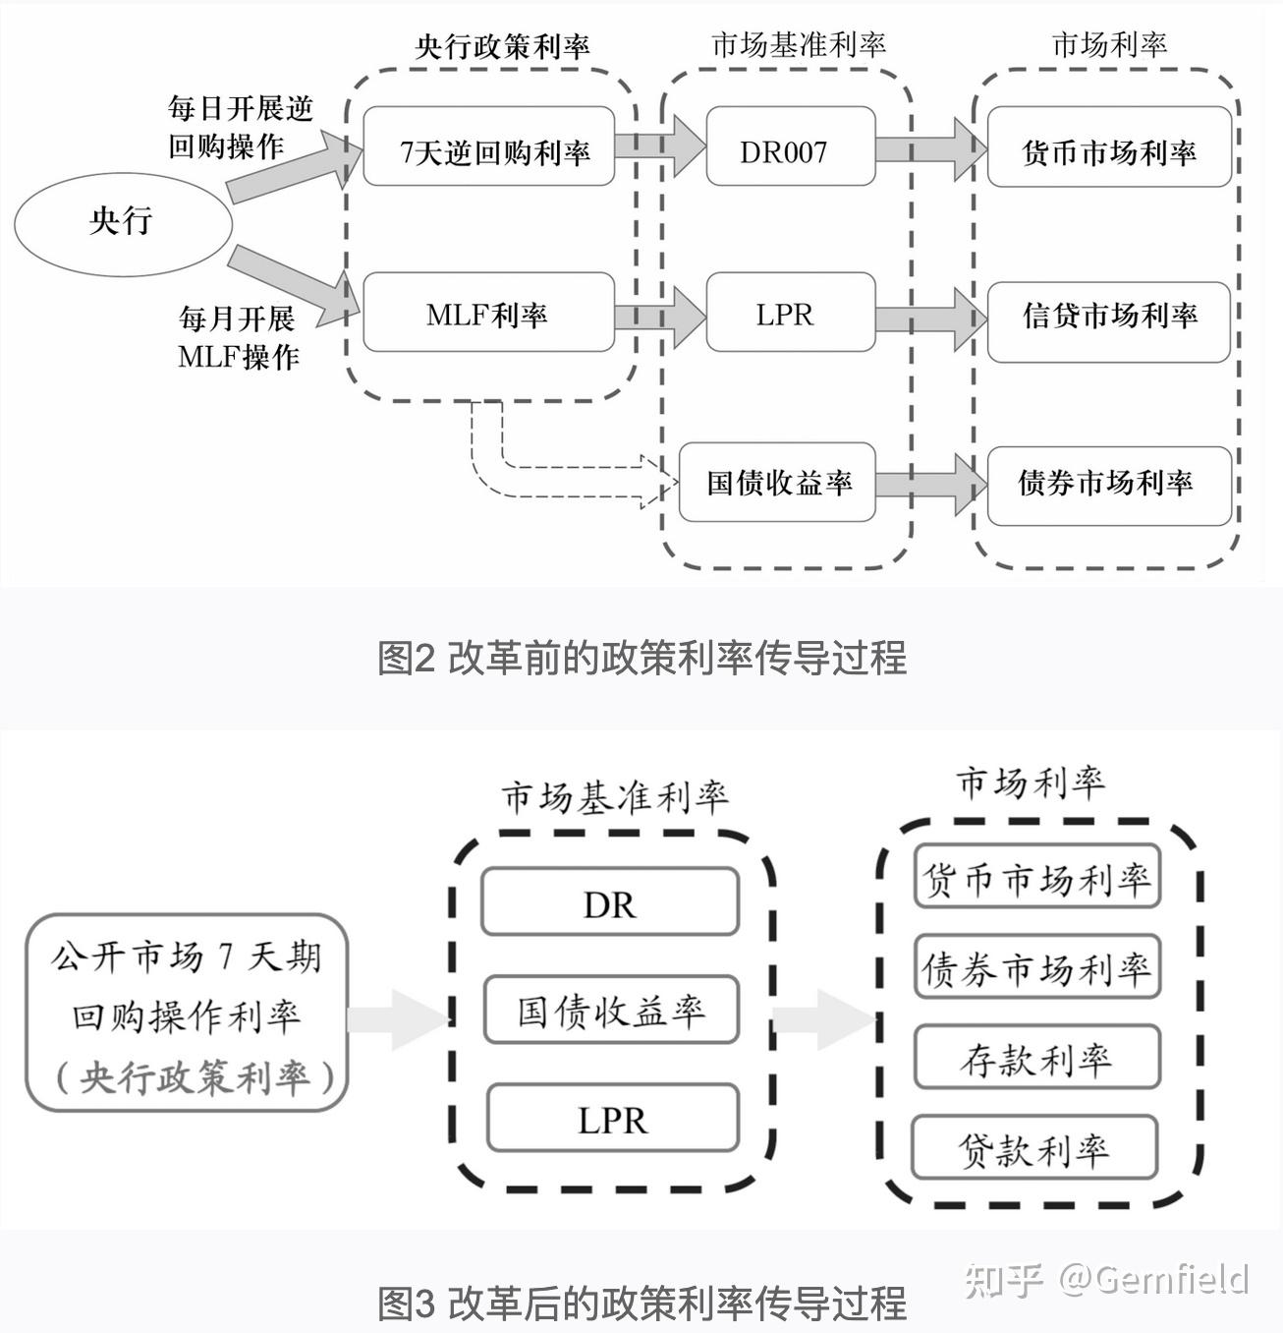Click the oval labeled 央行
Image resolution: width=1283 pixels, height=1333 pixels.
point(122,222)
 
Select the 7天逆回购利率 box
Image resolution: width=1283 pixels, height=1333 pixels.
point(489,147)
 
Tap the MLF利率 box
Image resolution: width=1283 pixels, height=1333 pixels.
point(489,314)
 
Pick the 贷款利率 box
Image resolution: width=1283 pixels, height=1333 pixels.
point(1034,1147)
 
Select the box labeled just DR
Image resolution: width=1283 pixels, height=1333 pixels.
point(610,902)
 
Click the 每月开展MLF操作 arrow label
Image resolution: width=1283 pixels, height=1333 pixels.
point(237,337)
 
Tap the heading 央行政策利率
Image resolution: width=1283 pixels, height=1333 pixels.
point(502,46)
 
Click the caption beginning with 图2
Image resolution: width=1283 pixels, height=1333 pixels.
point(641,658)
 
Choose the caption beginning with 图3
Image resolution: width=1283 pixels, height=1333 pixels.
point(641,1304)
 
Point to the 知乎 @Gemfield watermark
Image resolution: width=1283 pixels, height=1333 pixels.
point(1106,1278)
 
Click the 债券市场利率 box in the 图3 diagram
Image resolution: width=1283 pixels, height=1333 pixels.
point(1036,968)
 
